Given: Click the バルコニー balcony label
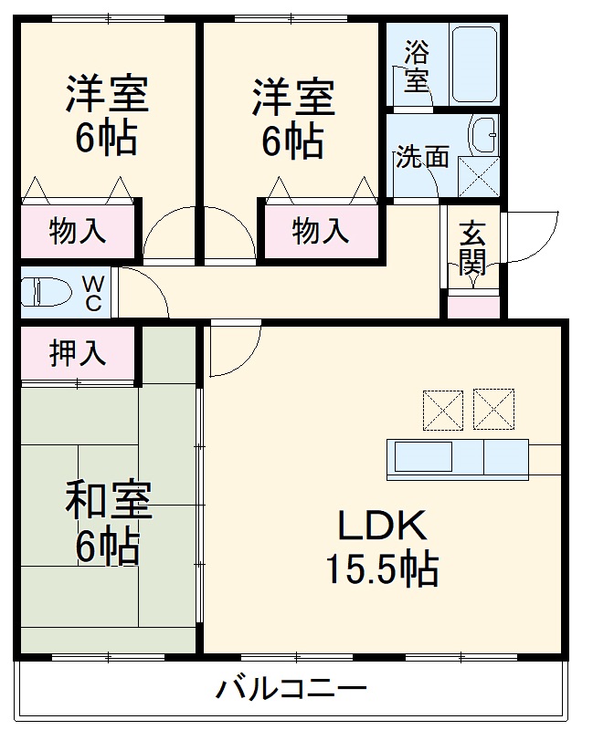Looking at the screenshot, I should pyautogui.click(x=291, y=687).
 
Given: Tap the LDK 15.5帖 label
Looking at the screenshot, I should pyautogui.click(x=382, y=547).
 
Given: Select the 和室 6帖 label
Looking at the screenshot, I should pyautogui.click(x=108, y=524).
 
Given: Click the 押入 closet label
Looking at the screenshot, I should pyautogui.click(x=78, y=352).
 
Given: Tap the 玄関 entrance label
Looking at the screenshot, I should pyautogui.click(x=471, y=246).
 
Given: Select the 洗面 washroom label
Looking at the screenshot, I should pyautogui.click(x=421, y=157).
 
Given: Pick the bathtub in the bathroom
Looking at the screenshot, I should pyautogui.click(x=473, y=64).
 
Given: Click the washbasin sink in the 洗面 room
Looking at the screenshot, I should pyautogui.click(x=483, y=136).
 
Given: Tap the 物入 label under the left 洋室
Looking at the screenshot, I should pyautogui.click(x=78, y=231).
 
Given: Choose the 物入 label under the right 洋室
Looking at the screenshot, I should pyautogui.click(x=321, y=231).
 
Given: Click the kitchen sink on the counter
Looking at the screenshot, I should pyautogui.click(x=422, y=456).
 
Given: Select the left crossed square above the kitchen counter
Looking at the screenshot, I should pyautogui.click(x=442, y=409).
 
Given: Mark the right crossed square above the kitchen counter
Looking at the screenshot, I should pyautogui.click(x=493, y=409).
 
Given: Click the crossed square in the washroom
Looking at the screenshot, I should pyautogui.click(x=479, y=176).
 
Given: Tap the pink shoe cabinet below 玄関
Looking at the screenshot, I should pyautogui.click(x=473, y=307).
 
